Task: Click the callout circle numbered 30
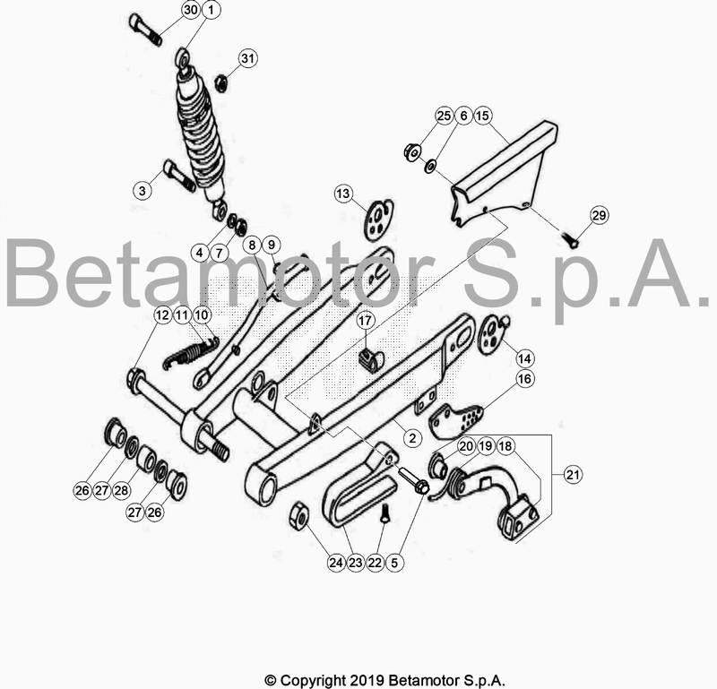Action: point(190,10)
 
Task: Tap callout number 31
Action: point(247,58)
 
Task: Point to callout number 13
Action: point(345,194)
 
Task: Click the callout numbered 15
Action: point(482,116)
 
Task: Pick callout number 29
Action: point(599,215)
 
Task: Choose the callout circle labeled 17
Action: point(365,320)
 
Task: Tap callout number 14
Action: point(523,357)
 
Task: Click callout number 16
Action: point(524,379)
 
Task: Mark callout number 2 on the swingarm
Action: point(411,438)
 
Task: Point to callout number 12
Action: point(161,314)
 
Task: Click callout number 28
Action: point(122,490)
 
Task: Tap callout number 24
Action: point(335,563)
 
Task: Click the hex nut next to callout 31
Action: point(220,83)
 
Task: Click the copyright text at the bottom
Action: point(384,679)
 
